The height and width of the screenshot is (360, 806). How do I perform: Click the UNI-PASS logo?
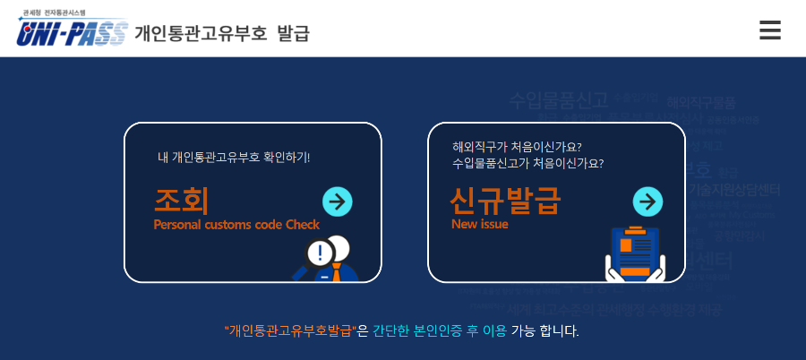72,34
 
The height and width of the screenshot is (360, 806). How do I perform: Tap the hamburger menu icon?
769,30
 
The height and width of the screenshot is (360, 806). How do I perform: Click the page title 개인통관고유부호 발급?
221,34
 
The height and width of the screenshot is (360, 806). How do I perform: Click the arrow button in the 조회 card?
337,201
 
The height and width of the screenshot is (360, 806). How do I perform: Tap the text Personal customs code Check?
236,225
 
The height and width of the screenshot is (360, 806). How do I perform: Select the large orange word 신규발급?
504,200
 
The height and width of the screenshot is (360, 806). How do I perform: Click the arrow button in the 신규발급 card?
647,201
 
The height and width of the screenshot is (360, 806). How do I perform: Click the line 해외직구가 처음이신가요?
517,146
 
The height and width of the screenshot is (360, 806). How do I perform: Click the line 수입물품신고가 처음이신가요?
527,163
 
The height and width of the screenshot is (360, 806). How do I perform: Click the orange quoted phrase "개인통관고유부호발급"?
290,330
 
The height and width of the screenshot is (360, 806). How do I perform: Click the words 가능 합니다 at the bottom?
545,330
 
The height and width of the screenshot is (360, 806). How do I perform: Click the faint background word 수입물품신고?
559,99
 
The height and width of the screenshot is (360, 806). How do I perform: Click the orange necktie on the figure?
336,271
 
